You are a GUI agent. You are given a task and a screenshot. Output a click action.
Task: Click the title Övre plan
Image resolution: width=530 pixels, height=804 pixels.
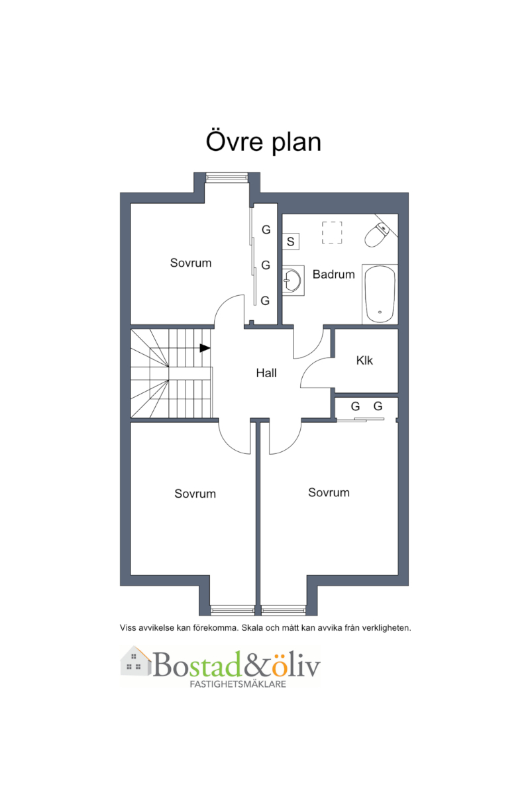point(264,142)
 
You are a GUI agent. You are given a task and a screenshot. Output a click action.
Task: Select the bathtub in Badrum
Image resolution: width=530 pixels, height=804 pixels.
point(380,294)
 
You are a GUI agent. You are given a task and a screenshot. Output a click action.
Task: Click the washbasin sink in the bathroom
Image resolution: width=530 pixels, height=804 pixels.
point(292,280)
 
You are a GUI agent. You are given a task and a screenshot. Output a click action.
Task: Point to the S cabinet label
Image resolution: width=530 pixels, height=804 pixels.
point(290,242)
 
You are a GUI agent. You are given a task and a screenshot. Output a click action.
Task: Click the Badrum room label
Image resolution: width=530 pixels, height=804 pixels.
point(333,274)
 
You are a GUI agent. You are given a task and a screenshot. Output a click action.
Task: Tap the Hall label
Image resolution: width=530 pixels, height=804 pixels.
point(266,373)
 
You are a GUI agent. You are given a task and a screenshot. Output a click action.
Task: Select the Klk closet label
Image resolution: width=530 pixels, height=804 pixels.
point(364,361)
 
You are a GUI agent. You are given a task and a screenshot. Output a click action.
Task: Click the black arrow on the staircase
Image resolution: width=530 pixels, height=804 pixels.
point(205,348)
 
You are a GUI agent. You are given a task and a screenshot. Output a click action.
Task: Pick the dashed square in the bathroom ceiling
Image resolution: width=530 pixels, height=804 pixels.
point(332,232)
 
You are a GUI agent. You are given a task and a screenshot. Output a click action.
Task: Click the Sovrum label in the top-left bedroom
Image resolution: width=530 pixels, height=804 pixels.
point(190,263)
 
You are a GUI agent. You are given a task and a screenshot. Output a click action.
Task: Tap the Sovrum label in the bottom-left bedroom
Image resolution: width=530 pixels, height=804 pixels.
point(195,494)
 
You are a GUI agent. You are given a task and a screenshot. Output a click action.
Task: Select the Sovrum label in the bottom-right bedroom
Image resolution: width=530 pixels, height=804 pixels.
point(329,492)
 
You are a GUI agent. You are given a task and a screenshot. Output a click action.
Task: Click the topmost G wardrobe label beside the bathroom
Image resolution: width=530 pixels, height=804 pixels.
point(266,230)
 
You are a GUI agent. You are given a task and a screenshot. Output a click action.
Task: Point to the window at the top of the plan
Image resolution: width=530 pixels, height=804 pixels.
point(227,177)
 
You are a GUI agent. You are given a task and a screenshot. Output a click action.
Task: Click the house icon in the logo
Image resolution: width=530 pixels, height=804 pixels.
point(135,661)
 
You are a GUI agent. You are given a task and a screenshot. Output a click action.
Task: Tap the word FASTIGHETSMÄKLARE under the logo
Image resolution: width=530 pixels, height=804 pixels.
point(238,684)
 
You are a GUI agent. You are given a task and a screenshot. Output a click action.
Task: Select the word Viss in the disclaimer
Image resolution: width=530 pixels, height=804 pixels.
point(128,628)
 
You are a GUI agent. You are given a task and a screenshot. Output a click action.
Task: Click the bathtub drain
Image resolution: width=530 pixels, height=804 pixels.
point(380,312)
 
